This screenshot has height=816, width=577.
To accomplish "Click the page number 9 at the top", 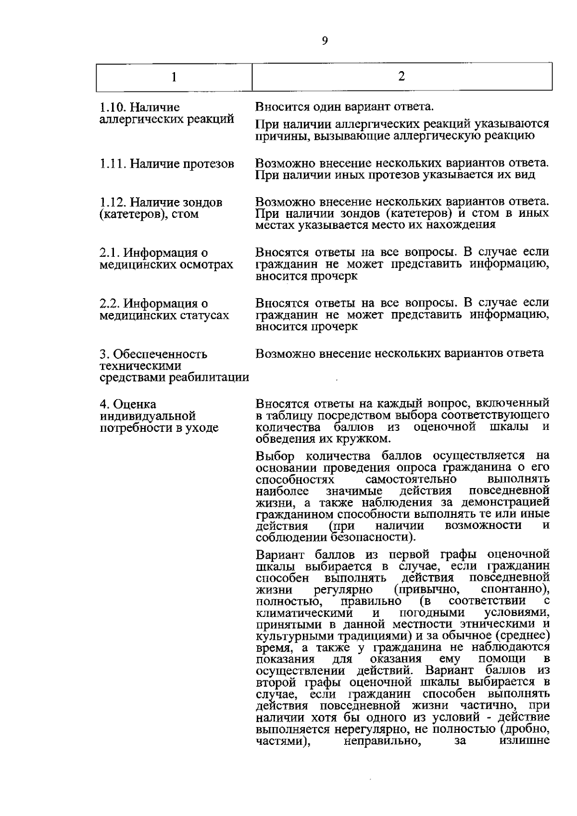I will pyautogui.click(x=324, y=41).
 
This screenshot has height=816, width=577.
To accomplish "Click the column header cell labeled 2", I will pyautogui.click(x=401, y=76).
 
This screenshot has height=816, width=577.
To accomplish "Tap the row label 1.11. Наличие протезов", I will pyautogui.click(x=166, y=164).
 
